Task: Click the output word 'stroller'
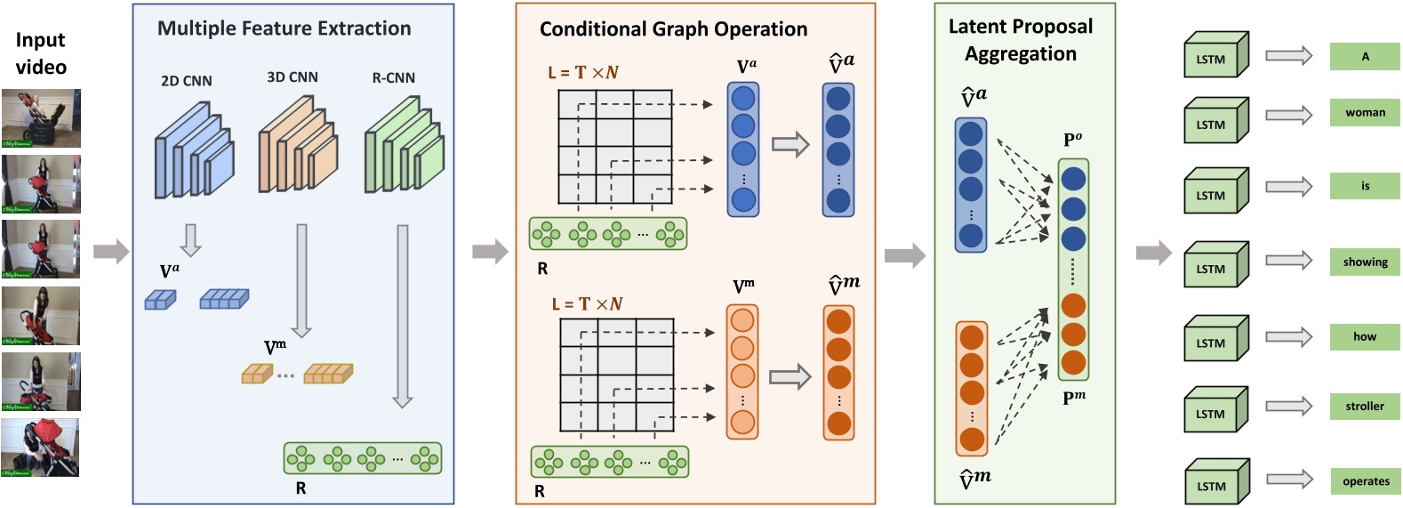pos(1365,407)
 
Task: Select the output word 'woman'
pos(1365,112)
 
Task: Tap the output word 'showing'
pos(1365,262)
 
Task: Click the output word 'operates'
pos(1366,481)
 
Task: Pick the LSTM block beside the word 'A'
pos(1215,55)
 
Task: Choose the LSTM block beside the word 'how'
pos(1215,339)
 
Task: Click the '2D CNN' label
pos(187,81)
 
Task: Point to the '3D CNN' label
pos(293,77)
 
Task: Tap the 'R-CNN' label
pos(394,78)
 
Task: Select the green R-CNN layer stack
pos(405,147)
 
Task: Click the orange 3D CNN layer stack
pos(298,147)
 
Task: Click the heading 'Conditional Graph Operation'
pos(673,29)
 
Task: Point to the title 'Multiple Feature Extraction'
pos(285,28)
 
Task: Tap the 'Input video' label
pos(41,53)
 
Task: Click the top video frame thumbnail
pos(41,118)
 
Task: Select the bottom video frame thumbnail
pos(40,448)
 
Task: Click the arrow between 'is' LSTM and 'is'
pos(1288,187)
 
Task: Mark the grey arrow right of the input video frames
pos(111,252)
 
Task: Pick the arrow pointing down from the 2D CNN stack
pos(190,239)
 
